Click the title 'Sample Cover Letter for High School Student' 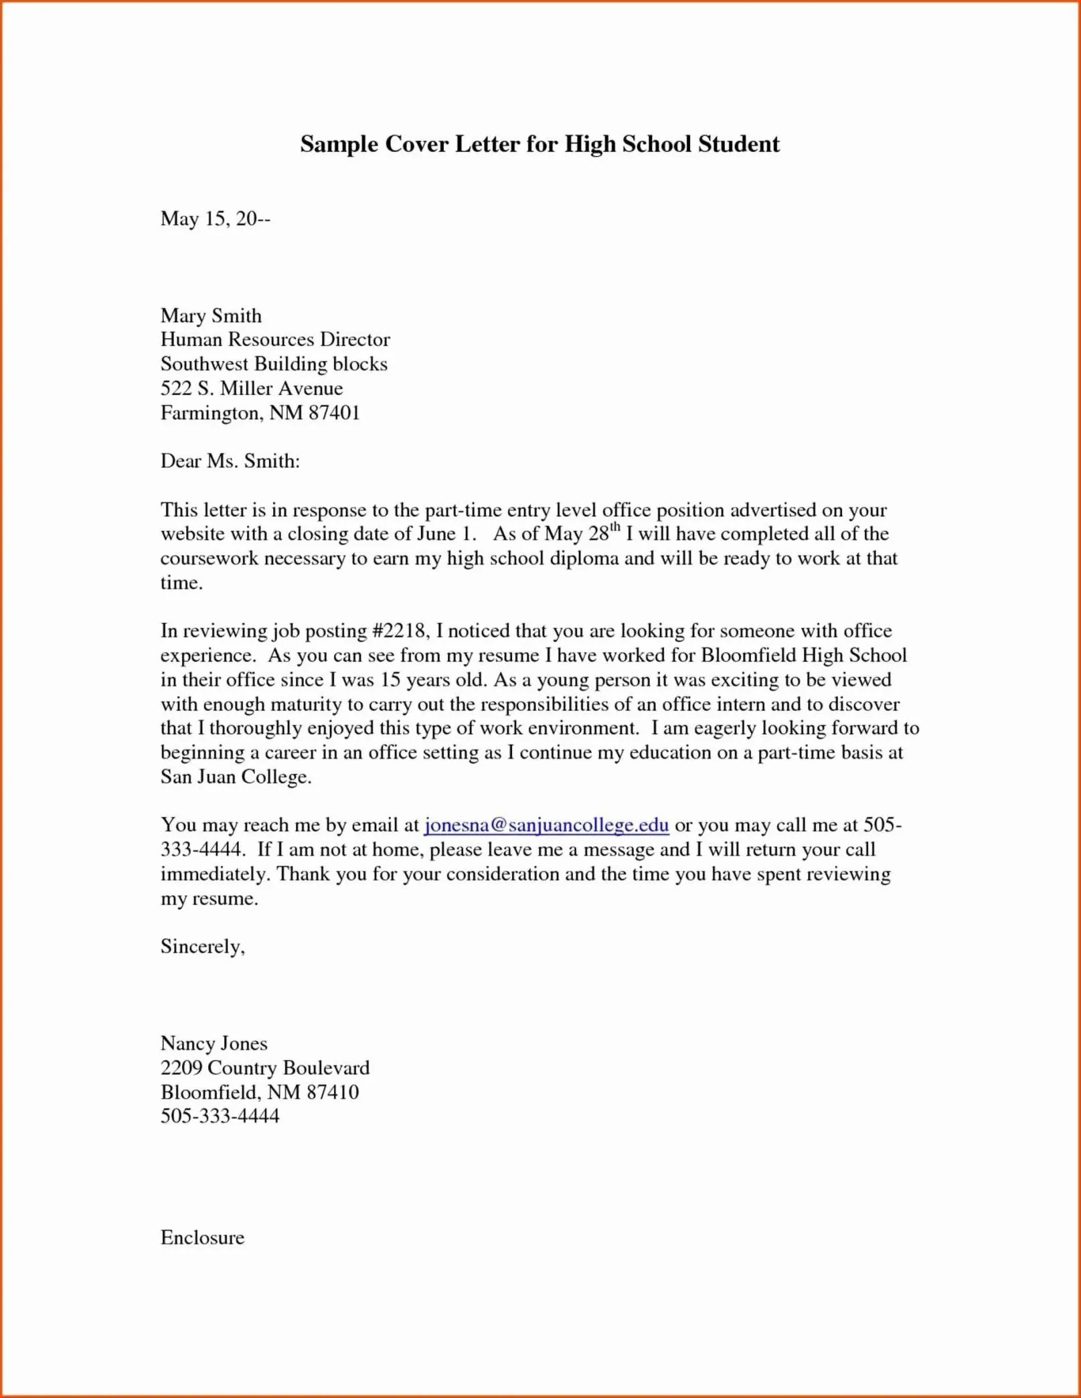coord(539,145)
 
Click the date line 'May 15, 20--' coord(215,219)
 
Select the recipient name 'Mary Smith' coord(211,315)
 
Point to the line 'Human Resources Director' coord(274,339)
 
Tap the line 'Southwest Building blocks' coord(274,364)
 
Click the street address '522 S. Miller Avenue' coord(251,388)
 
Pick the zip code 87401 coord(334,413)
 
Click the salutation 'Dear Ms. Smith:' coord(230,461)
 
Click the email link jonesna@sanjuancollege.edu coord(546,826)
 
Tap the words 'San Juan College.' coord(236,777)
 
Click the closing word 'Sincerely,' coord(203,947)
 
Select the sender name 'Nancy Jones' coord(214,1044)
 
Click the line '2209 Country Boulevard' coord(264,1068)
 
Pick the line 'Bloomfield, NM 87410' coord(260,1093)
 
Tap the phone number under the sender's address coord(220,1116)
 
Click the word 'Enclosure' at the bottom coord(202,1237)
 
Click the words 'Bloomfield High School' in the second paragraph coord(804,655)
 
